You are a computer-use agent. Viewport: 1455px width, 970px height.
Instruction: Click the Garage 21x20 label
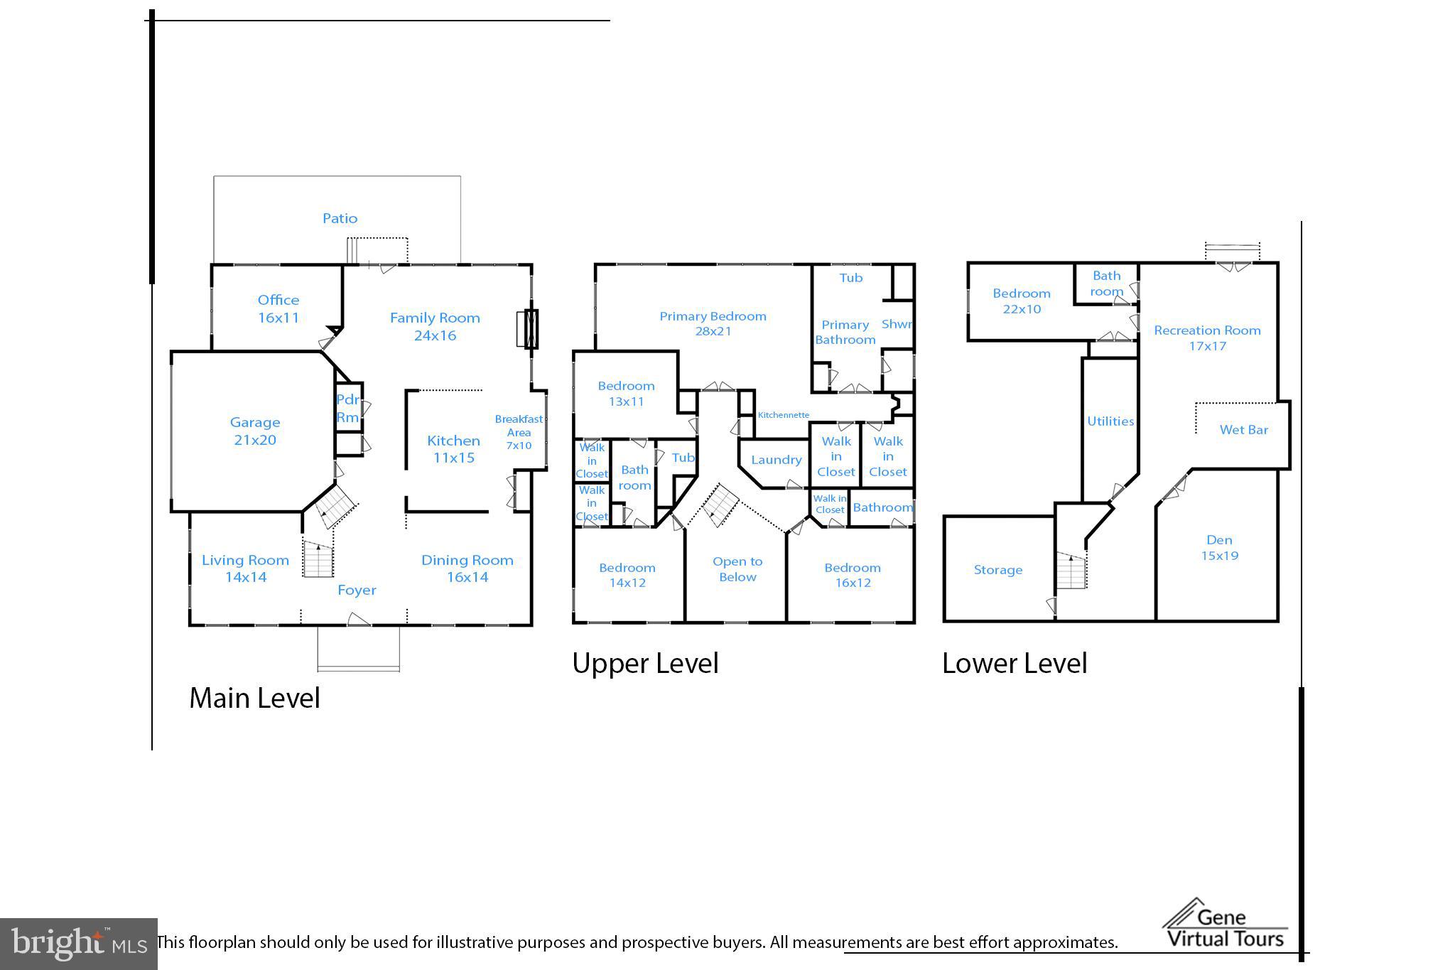click(x=254, y=431)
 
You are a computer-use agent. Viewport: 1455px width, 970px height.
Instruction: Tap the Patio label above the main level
click(x=340, y=218)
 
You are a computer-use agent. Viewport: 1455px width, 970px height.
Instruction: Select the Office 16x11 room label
click(x=278, y=308)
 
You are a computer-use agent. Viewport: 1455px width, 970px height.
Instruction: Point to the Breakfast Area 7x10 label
click(x=519, y=432)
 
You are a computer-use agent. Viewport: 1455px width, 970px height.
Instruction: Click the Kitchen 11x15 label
click(x=453, y=449)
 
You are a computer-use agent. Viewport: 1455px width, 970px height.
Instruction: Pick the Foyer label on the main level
click(x=357, y=590)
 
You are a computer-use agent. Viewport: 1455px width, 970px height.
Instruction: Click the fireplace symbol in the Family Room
click(x=527, y=329)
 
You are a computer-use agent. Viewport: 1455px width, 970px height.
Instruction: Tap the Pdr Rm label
click(x=347, y=408)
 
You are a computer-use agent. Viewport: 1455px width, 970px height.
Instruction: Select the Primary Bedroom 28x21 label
click(x=713, y=323)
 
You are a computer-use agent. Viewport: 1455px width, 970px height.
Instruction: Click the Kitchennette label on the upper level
click(x=783, y=415)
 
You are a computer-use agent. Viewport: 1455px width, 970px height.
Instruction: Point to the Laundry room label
click(x=776, y=460)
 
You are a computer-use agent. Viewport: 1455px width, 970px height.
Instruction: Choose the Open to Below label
click(x=737, y=569)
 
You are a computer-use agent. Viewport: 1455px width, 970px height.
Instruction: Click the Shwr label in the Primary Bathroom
click(x=897, y=324)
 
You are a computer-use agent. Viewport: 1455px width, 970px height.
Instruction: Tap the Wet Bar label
click(x=1243, y=429)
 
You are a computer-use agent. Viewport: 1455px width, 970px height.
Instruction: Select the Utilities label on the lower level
click(x=1110, y=421)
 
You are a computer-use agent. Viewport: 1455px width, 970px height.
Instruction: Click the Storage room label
click(x=997, y=570)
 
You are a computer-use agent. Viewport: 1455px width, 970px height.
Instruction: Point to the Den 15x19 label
click(x=1219, y=548)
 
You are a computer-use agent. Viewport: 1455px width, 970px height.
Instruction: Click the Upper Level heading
click(x=645, y=663)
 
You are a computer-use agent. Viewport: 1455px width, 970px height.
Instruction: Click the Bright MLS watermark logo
click(x=78, y=944)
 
